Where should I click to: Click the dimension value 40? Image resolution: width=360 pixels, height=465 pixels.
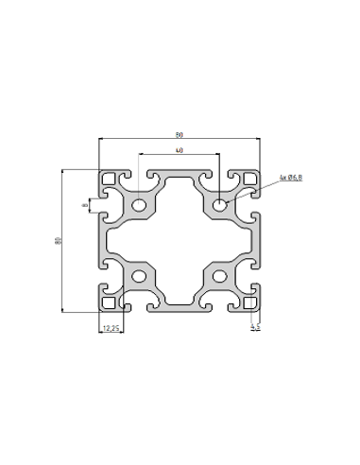coord(179,152)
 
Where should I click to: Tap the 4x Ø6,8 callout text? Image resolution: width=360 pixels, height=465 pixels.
coord(290,178)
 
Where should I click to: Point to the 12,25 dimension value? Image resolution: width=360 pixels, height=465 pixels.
coord(110,328)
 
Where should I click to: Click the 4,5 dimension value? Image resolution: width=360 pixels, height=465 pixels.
coord(254,328)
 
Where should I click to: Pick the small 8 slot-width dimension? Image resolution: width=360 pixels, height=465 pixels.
coord(84,204)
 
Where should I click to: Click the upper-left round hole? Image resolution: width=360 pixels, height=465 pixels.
coord(139,205)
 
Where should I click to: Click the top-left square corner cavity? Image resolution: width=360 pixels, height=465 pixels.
coord(110,178)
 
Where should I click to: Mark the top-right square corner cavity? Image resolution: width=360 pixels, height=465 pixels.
coord(249,178)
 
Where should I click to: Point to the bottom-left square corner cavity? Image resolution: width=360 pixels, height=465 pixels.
coord(110,303)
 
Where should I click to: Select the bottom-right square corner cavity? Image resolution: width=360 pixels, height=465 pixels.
coord(249,303)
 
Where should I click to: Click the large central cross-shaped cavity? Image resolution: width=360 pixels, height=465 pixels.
coord(179,240)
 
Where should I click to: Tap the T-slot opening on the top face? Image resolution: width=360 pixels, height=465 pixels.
coord(179,176)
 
